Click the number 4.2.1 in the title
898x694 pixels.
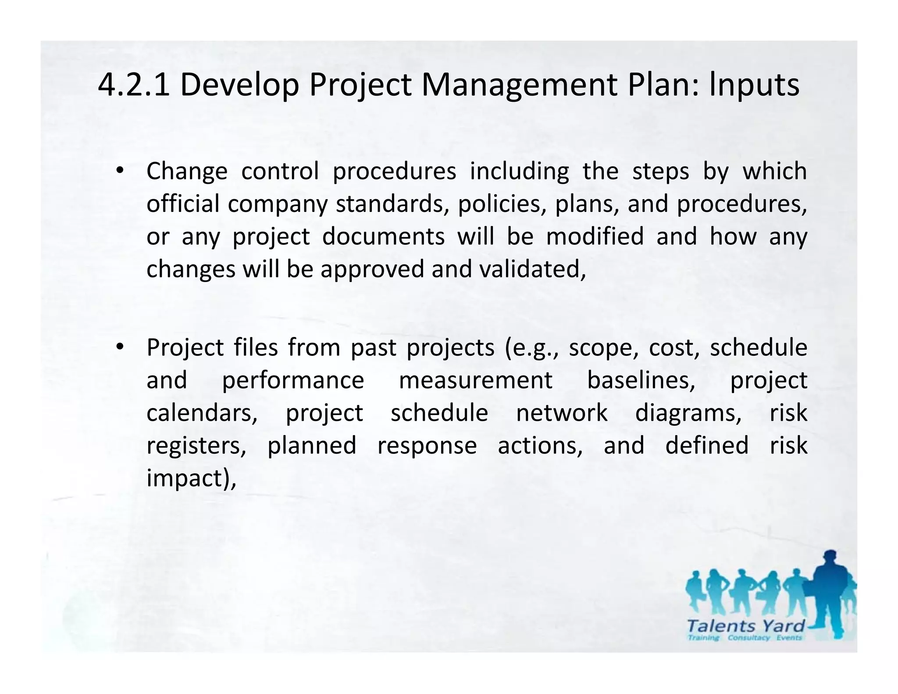tap(134, 85)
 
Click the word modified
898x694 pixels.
tap(595, 236)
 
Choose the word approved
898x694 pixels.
tap(372, 269)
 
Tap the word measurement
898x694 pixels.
tap(475, 380)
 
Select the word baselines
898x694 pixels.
tap(641, 380)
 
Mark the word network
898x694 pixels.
tap(562, 413)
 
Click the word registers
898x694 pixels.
tap(196, 446)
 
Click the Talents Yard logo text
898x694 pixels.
tap(746, 626)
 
